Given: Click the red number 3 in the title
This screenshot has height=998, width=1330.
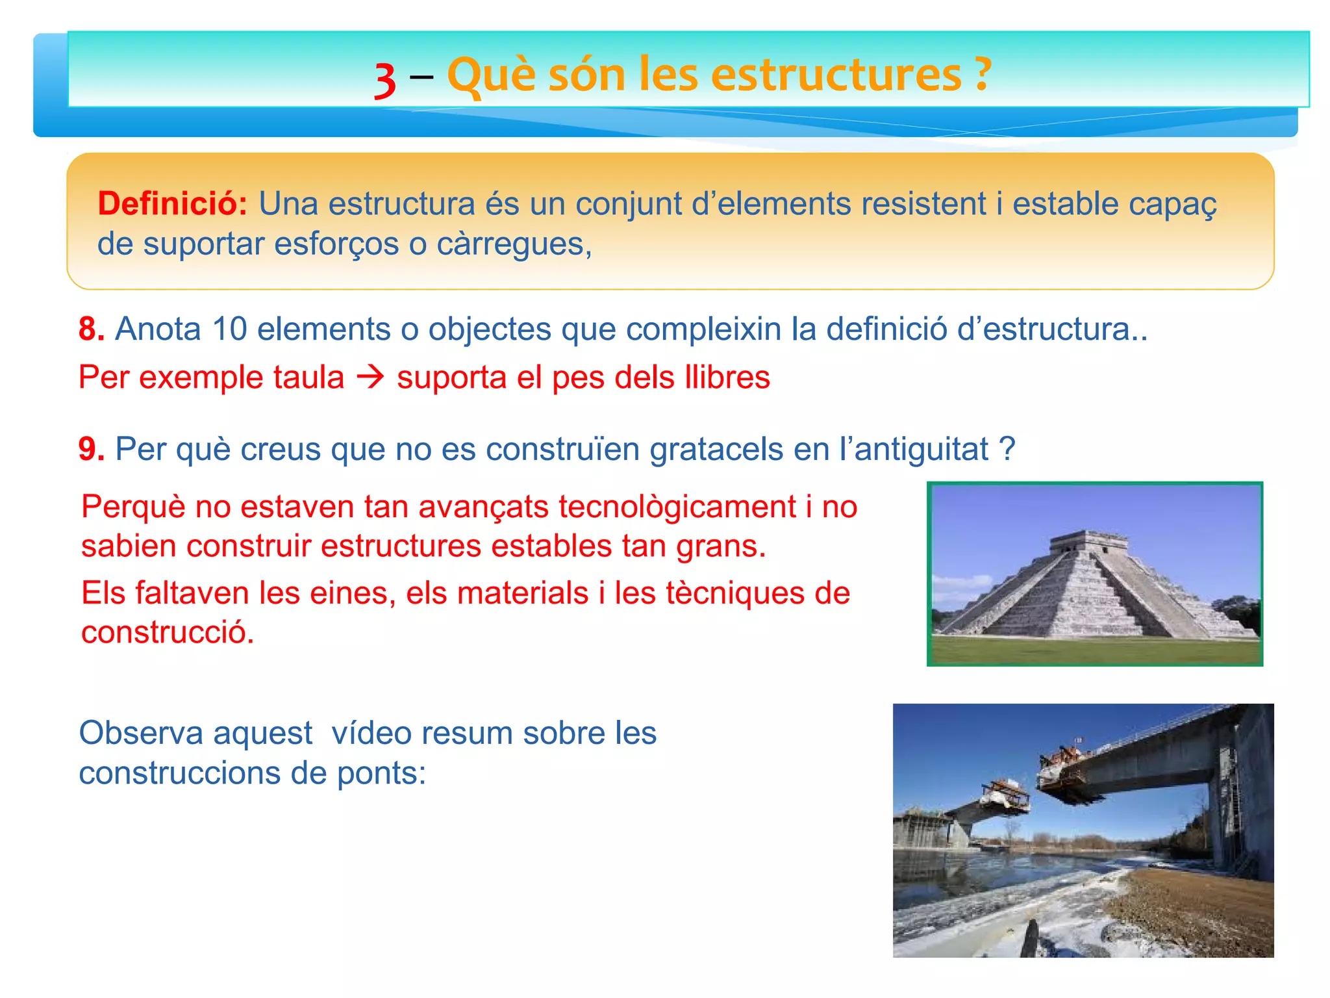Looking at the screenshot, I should [x=385, y=81].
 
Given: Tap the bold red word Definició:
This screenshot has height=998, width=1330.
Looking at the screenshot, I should [x=172, y=203].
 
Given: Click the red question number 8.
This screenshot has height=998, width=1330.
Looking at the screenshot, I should [x=91, y=329].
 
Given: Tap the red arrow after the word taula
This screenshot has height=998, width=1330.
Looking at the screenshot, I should [x=371, y=377].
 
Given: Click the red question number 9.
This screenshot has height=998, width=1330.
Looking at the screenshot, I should [x=91, y=449].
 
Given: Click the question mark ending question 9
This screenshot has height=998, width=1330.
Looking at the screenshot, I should [x=1006, y=448].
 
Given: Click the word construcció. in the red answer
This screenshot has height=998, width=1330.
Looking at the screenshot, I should [x=168, y=632].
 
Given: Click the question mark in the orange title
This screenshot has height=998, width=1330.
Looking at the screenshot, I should [x=983, y=74].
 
